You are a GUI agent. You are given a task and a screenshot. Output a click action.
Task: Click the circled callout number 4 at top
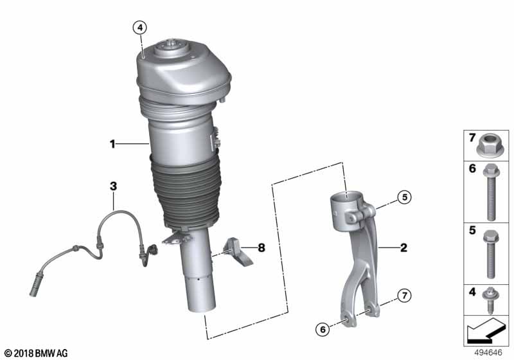[x=140, y=28]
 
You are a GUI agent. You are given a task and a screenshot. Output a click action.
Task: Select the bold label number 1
[x=112, y=145]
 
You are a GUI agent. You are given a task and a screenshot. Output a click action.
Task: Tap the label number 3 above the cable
[x=113, y=186]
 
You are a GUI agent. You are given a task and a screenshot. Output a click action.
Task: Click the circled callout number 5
[x=403, y=198]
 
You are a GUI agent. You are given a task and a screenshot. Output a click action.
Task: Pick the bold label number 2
[x=403, y=247]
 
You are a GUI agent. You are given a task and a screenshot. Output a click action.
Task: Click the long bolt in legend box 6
[x=492, y=189]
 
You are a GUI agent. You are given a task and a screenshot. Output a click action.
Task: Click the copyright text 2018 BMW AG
[x=35, y=353]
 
